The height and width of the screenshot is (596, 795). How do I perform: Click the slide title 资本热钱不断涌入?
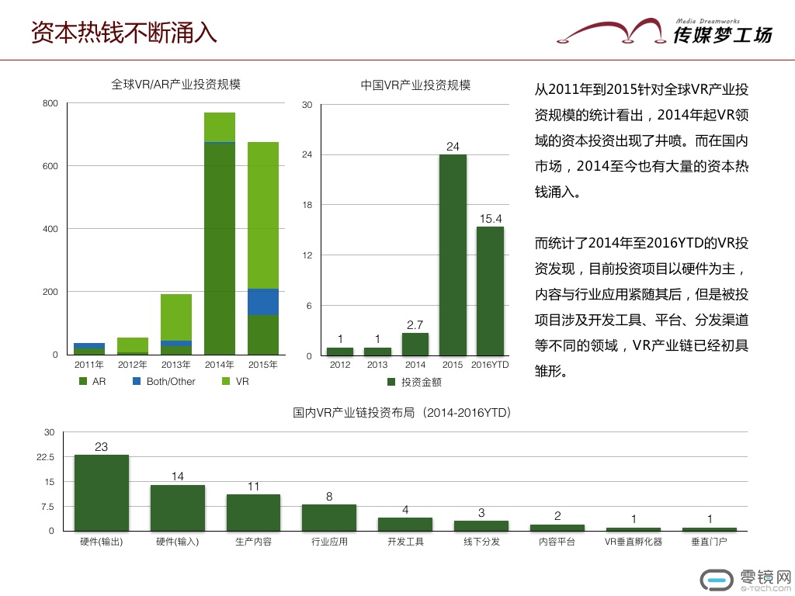coord(123,33)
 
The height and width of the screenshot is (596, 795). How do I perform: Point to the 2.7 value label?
coord(415,325)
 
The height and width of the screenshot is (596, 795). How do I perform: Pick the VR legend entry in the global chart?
coord(236,382)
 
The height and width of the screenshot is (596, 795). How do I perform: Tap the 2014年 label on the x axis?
coord(220,364)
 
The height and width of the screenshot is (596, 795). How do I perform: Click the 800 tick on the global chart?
coord(50,103)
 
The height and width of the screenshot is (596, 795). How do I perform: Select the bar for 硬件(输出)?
coord(102,492)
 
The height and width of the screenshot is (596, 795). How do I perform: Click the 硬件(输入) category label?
coord(177,542)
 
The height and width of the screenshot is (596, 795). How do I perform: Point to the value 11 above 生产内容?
coord(253,487)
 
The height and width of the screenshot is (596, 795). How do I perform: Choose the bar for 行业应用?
coord(329,517)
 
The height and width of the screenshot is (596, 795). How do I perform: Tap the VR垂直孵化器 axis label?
coord(634,542)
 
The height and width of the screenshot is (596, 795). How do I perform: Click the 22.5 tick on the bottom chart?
coord(45,457)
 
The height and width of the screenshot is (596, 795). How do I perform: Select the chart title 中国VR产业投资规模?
coord(415,85)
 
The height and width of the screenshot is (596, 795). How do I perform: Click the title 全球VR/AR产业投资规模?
coord(176,85)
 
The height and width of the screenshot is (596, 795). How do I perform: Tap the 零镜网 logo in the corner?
coord(745,579)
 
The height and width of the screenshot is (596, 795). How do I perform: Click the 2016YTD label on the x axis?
coord(490,365)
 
